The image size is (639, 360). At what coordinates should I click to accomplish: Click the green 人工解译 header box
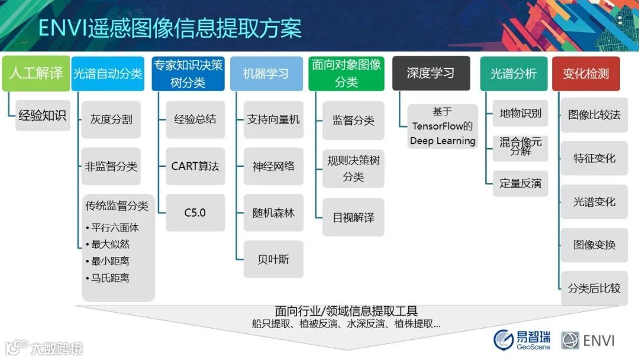point(35,73)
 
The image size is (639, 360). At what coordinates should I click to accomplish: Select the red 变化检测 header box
point(586,73)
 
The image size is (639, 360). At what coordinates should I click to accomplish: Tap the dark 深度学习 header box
point(431,73)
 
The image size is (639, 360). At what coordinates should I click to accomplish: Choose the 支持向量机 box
point(273,120)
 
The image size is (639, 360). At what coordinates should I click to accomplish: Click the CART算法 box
point(195,166)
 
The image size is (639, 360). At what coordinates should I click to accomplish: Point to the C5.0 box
point(195,213)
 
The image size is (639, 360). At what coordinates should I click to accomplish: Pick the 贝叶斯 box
point(273,259)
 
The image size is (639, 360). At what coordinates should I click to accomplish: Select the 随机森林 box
point(273,213)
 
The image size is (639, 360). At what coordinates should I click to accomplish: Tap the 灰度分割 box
point(111,120)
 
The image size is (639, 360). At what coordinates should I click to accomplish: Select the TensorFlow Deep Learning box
point(443,126)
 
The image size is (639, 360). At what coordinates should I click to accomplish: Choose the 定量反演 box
point(520,184)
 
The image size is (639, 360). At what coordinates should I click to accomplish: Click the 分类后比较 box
point(594,288)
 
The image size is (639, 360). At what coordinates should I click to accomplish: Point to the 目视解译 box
point(353,217)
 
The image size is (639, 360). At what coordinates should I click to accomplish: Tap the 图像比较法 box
point(594,115)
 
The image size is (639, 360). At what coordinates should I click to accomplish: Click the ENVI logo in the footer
point(588,340)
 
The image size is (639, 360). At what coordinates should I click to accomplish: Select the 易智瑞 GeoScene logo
point(522,339)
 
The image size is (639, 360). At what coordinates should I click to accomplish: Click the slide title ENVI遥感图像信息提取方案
point(170,28)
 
